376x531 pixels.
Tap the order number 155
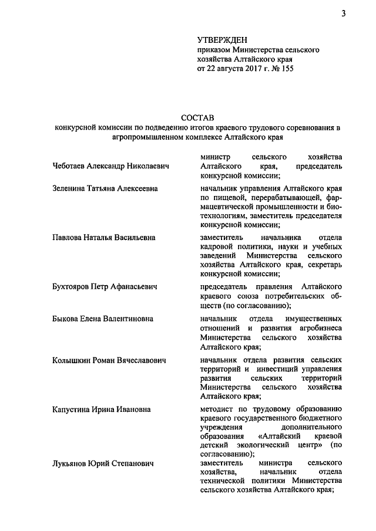click(x=285, y=69)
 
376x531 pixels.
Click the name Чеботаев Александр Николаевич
click(x=110, y=167)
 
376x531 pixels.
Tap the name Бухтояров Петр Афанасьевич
click(x=106, y=287)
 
